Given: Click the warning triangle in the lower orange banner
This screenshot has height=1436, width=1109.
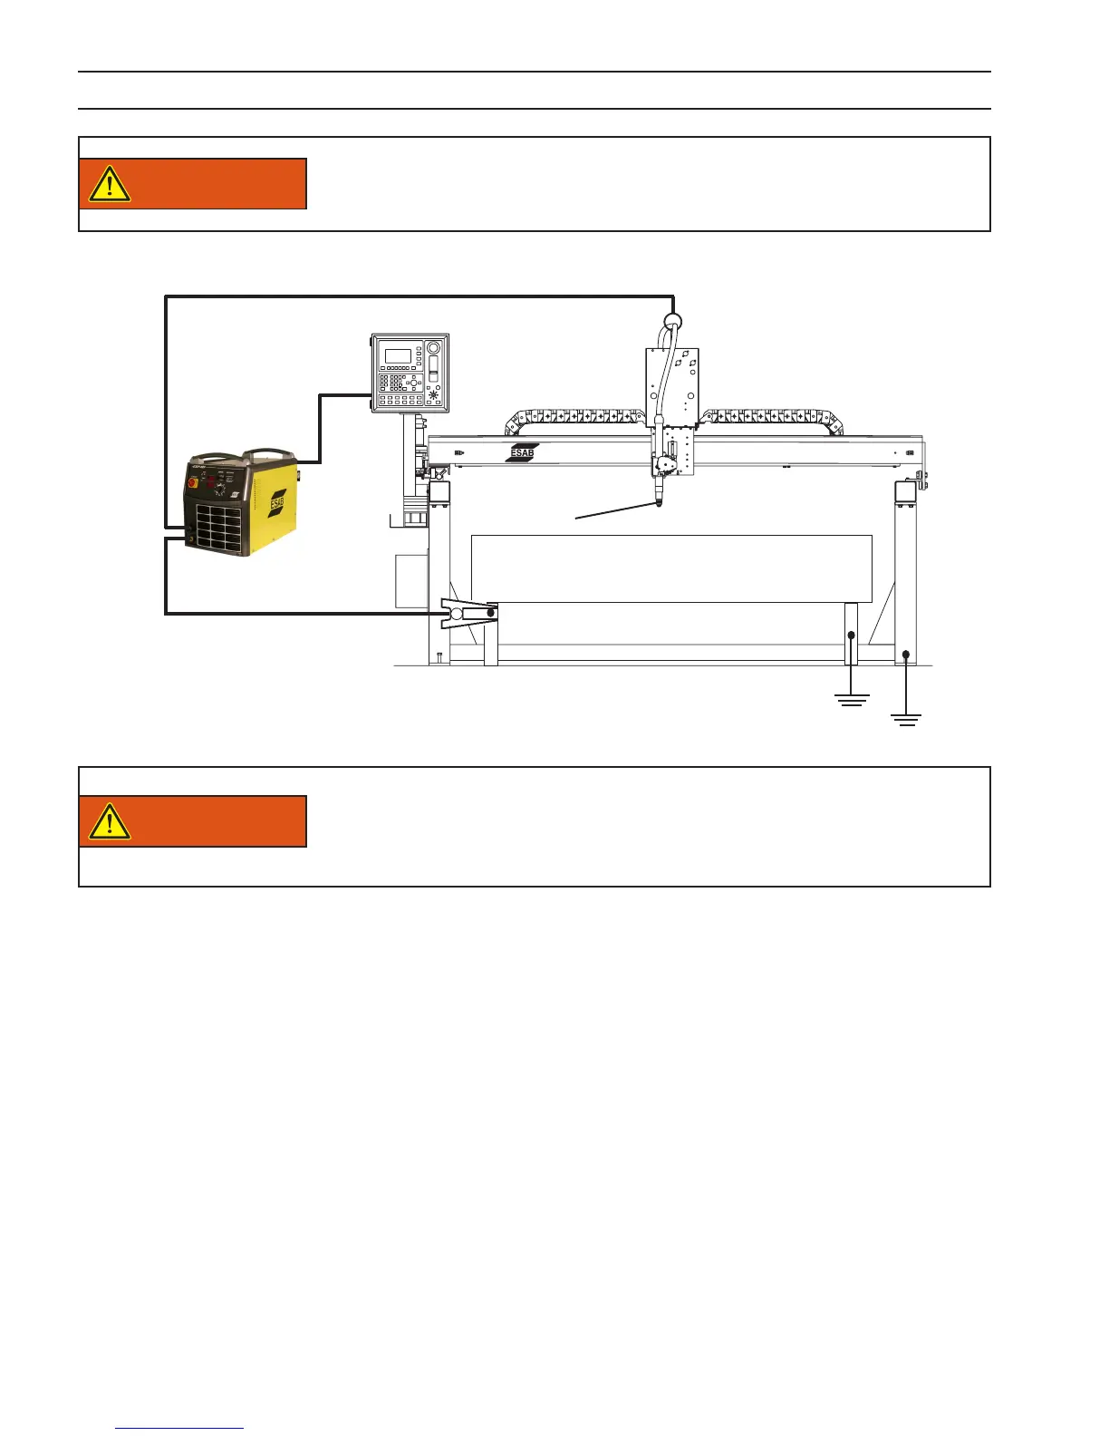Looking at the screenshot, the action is pos(110,821).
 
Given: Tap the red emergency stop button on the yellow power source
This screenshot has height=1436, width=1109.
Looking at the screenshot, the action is pos(194,483).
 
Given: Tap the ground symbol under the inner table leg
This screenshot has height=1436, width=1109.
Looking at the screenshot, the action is pos(851,699).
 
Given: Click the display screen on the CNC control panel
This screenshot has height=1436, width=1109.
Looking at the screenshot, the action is pos(398,355).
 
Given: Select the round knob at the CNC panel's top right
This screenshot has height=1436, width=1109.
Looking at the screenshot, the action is pos(433,348).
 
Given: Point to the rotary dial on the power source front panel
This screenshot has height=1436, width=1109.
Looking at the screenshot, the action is pos(219,490).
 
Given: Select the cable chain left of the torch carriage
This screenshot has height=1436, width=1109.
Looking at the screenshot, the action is pos(575,418).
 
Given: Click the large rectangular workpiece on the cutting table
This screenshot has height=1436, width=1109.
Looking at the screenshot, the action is pos(670,568).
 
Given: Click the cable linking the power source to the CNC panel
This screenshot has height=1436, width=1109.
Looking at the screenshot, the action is pos(319,426).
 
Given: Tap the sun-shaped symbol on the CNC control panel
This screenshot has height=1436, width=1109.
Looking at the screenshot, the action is pos(433,395).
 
